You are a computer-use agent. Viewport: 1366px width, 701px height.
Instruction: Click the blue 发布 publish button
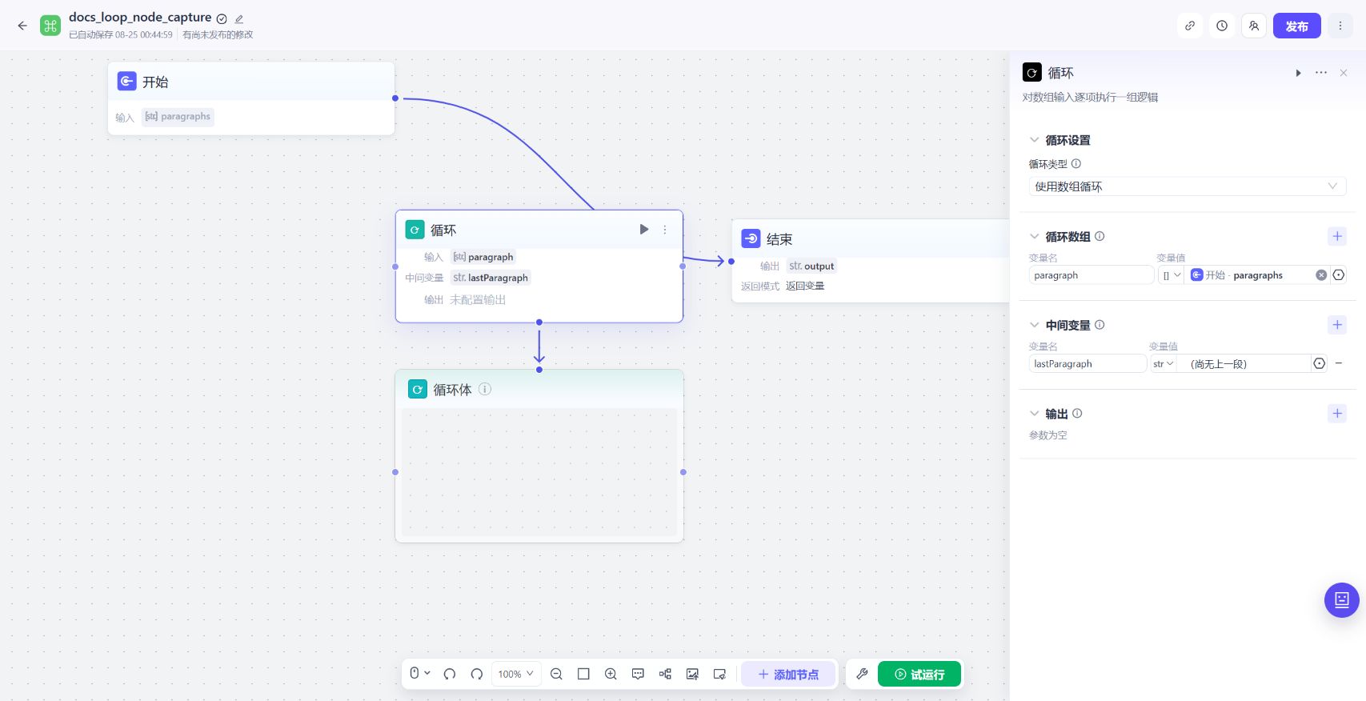pos(1296,26)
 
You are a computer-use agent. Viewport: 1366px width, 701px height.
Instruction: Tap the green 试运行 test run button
pos(919,674)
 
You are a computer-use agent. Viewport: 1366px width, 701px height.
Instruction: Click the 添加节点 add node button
pos(788,674)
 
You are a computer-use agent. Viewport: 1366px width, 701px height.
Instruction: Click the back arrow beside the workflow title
pos(22,26)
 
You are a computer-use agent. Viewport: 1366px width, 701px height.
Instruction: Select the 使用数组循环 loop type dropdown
pos(1187,186)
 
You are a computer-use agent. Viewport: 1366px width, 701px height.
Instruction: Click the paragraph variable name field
pos(1091,275)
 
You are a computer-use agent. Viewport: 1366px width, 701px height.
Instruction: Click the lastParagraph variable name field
pos(1087,364)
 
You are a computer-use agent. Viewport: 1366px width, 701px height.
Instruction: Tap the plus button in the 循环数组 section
pos(1336,237)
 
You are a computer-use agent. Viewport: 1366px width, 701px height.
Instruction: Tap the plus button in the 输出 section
pos(1336,414)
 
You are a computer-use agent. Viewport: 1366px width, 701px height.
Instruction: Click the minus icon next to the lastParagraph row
pos(1339,363)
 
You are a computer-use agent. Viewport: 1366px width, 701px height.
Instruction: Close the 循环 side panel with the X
pos(1344,73)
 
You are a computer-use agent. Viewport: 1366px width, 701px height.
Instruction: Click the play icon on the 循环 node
pos(643,229)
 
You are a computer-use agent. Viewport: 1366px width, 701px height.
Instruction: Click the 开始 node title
pos(155,82)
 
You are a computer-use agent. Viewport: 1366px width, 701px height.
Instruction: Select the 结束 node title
pos(779,239)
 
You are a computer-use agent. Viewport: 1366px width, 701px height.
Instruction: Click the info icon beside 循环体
pos(485,389)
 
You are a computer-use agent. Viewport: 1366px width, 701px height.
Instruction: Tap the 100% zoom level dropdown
pos(516,674)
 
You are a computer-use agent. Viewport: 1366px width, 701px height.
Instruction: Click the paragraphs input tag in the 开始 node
pos(178,116)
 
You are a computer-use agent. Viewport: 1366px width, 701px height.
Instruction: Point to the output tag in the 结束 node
pos(811,266)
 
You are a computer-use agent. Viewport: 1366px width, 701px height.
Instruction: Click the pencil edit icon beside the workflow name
pos(239,19)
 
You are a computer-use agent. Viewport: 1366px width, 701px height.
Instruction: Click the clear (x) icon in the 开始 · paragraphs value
pos(1321,275)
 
